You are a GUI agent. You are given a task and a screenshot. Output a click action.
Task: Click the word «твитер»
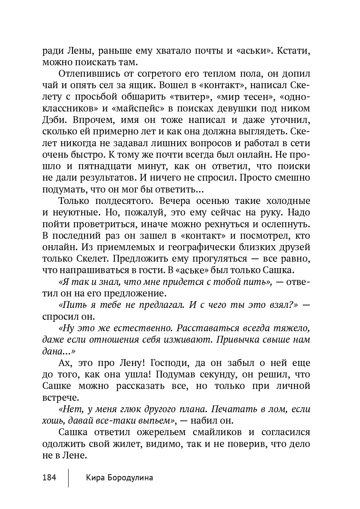[x=189, y=97]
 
